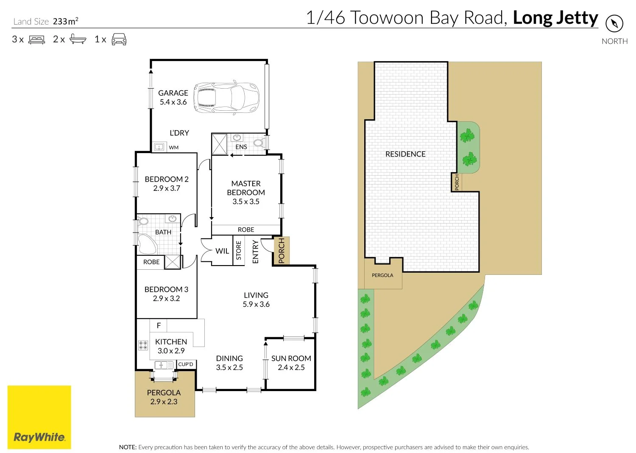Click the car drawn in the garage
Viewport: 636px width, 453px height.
226,98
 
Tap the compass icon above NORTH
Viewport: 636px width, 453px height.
614,24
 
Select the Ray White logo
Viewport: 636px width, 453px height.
39,417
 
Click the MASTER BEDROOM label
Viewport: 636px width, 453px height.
246,188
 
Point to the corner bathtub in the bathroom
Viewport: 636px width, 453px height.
147,244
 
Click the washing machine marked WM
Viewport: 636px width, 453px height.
159,147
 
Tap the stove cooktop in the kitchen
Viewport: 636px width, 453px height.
143,345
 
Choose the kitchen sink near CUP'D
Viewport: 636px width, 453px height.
164,365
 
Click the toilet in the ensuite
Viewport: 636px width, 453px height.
259,142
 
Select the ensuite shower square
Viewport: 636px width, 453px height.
220,144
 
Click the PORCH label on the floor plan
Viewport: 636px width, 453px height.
282,250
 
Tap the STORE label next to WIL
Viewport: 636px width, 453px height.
238,250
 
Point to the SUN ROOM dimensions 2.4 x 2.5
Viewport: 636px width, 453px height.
291,367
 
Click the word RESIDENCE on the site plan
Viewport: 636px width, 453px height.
405,154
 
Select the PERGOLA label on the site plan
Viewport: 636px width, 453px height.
382,275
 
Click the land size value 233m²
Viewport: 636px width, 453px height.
65,21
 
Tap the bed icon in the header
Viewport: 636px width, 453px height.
36,40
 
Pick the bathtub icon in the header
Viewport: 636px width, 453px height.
78,39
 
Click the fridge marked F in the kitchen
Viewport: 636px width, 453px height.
159,325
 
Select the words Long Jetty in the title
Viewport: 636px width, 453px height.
555,18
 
